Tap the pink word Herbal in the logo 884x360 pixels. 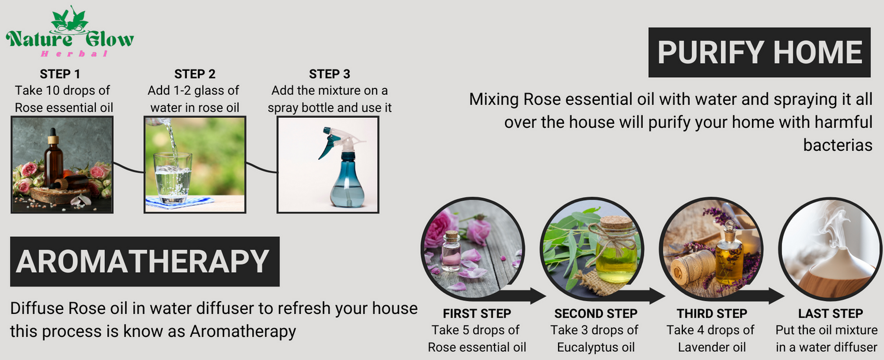74,54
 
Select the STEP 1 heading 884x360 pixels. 60,74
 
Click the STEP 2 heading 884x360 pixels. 195,74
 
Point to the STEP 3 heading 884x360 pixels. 329,74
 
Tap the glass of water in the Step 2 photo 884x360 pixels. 173,177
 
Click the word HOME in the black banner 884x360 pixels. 818,52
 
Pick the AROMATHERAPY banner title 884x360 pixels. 143,262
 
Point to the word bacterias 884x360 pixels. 837,146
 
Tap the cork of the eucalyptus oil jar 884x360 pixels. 616,222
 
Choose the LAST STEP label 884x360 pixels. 830,313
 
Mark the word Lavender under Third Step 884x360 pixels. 699,348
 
